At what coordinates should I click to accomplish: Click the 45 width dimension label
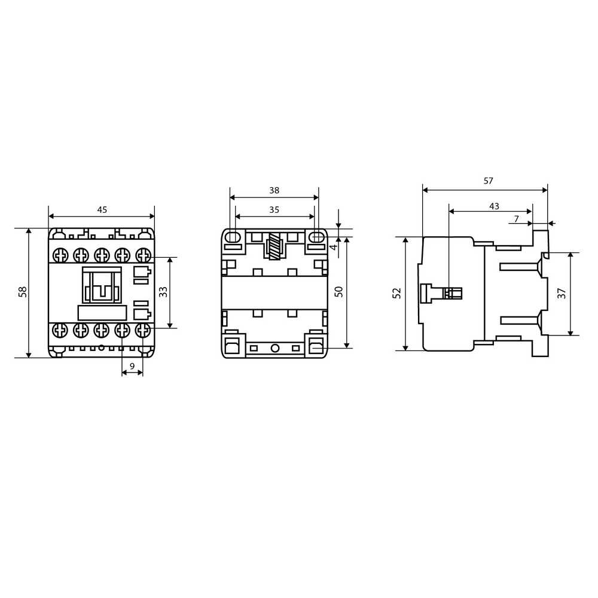point(102,210)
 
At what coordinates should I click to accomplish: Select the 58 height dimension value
point(23,292)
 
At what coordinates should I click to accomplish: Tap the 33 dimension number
point(163,292)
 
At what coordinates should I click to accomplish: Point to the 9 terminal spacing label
point(132,366)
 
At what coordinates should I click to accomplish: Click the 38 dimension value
point(274,190)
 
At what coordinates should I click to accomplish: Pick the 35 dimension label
point(274,210)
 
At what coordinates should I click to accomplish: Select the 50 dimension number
point(338,292)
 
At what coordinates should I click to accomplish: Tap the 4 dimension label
point(334,247)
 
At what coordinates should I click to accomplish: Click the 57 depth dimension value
point(488,181)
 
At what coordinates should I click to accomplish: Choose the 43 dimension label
point(494,206)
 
